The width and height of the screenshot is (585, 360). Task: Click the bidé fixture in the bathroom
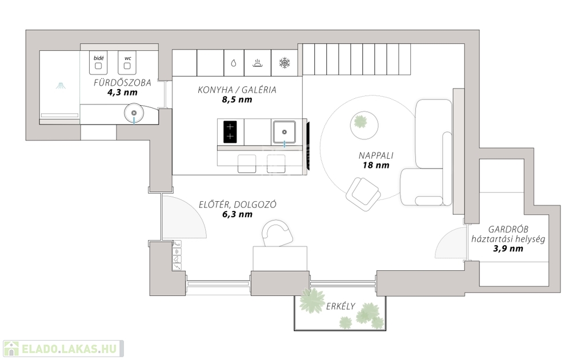pos(98,63)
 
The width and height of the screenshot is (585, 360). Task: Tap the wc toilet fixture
pos(127,63)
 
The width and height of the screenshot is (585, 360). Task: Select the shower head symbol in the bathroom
pos(60,86)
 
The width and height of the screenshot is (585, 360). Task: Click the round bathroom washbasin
pos(134,114)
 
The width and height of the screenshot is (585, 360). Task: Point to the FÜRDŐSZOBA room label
pos(123,83)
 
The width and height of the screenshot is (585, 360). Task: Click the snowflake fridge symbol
pos(284,63)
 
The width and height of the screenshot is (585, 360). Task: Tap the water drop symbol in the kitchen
pos(234,63)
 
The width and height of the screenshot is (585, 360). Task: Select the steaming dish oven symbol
pos(258,63)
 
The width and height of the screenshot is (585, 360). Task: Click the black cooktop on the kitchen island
pos(230,131)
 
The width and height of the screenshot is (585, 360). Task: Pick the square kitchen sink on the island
pos(284,131)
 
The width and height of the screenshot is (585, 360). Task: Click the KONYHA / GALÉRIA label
pos(237,90)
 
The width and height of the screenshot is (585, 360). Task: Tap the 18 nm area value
pos(375,165)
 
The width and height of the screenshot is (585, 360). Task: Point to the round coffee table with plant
pos(360,123)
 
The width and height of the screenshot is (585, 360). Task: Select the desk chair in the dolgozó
pos(277,234)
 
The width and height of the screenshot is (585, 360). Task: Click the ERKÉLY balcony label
pos(340,306)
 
